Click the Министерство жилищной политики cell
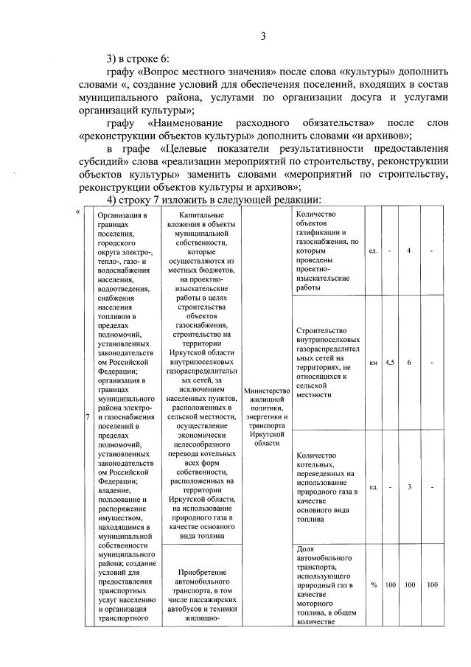[x=265, y=415]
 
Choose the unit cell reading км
[x=374, y=362]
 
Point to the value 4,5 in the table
[x=390, y=362]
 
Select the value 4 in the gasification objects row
[x=408, y=251]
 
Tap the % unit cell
[x=374, y=584]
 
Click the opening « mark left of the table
[x=77, y=213]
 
